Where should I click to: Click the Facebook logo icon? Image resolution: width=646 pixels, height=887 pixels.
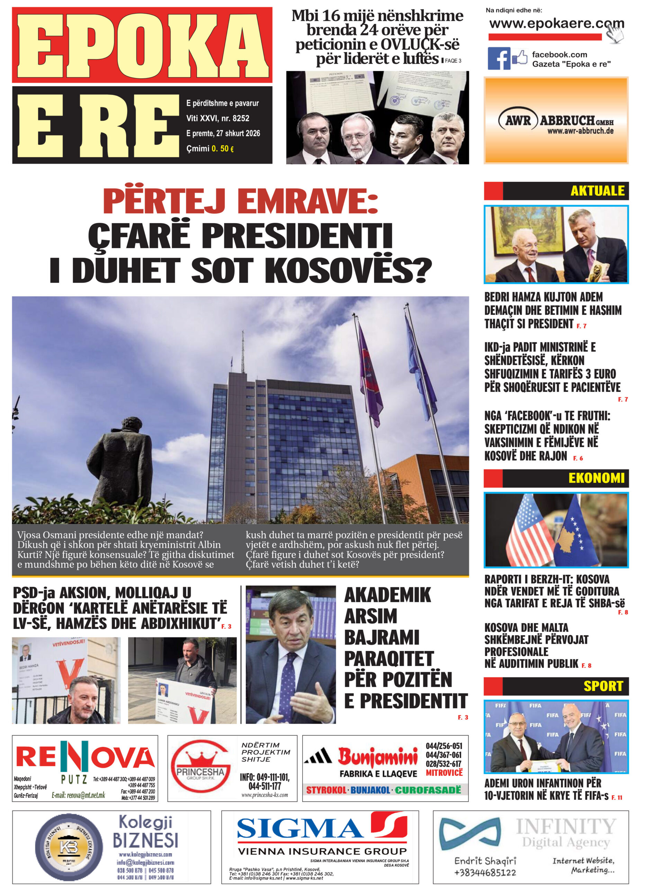click(499, 58)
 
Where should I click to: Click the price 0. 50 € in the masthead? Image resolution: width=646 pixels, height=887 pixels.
click(223, 149)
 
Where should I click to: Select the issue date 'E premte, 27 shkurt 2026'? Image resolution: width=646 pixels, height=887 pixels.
click(223, 133)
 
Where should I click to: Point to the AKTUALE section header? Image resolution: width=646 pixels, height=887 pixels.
click(597, 191)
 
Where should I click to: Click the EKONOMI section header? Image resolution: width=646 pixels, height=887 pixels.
click(596, 478)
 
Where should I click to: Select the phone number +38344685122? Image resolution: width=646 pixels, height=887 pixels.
click(485, 872)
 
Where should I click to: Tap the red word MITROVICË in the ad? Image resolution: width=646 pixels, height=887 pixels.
click(444, 773)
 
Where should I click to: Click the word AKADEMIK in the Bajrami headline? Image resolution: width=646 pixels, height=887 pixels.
click(387, 595)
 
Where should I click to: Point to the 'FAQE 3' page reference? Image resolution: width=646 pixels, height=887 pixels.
click(453, 61)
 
